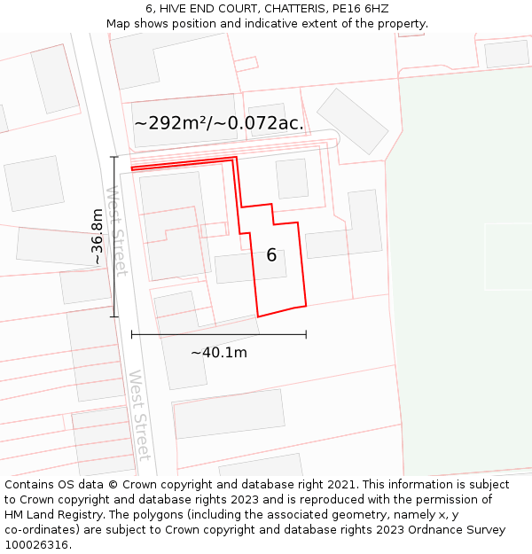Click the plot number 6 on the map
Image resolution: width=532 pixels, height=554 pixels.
tap(271, 255)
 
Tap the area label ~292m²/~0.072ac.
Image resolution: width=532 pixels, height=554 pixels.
tap(218, 123)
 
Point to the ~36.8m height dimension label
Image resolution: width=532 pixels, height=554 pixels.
tap(97, 237)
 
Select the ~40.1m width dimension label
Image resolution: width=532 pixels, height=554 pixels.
tap(219, 352)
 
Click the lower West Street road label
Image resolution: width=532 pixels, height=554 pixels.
tap(140, 415)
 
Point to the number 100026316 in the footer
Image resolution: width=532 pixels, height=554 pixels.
tap(36, 544)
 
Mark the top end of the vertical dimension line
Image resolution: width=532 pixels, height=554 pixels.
tap(113, 157)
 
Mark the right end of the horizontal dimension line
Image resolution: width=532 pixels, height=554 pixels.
tap(306, 334)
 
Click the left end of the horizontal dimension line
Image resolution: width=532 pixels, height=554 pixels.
tap(132, 334)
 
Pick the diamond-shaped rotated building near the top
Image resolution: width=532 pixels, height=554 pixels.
tap(353, 121)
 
